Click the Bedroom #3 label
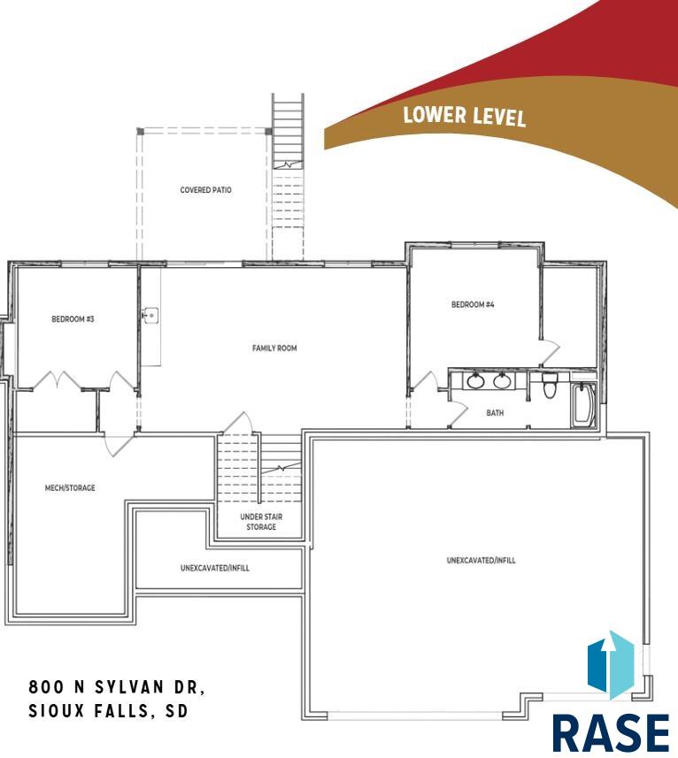click(x=73, y=319)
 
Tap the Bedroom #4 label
click(x=473, y=304)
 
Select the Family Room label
click(x=274, y=348)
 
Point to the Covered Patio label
click(x=205, y=190)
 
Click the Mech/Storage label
click(x=70, y=487)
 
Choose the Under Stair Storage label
click(x=261, y=522)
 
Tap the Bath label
click(x=495, y=413)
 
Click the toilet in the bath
click(x=550, y=384)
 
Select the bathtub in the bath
click(x=583, y=405)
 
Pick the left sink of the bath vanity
click(x=475, y=381)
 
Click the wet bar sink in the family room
click(x=150, y=316)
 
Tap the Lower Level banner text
click(x=465, y=116)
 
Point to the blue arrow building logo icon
click(x=611, y=665)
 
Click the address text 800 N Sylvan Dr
click(x=117, y=687)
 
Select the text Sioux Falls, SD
click(x=108, y=711)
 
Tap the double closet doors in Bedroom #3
click(x=57, y=379)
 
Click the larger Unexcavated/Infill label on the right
click(x=482, y=561)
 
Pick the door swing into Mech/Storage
click(x=119, y=446)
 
